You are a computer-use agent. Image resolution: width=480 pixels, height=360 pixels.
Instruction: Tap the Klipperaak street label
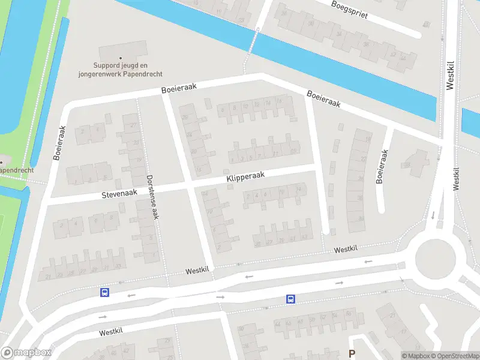click(245, 175)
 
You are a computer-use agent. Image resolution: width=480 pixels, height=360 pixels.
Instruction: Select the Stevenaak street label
click(119, 194)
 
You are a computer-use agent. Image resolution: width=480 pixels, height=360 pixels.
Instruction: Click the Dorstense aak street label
click(153, 197)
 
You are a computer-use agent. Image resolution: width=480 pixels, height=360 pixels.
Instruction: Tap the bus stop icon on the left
click(105, 292)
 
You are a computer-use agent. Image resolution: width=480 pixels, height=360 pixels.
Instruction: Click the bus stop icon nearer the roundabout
click(290, 299)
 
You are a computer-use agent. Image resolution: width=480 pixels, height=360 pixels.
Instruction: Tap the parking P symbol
click(352, 354)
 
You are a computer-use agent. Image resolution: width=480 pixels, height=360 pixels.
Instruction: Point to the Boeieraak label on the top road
click(179, 88)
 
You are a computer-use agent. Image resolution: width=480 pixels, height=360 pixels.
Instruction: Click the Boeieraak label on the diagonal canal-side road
click(324, 99)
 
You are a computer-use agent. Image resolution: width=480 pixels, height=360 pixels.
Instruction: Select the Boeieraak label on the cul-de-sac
click(380, 166)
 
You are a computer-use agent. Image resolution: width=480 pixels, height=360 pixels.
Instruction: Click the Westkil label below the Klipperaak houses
click(346, 249)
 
